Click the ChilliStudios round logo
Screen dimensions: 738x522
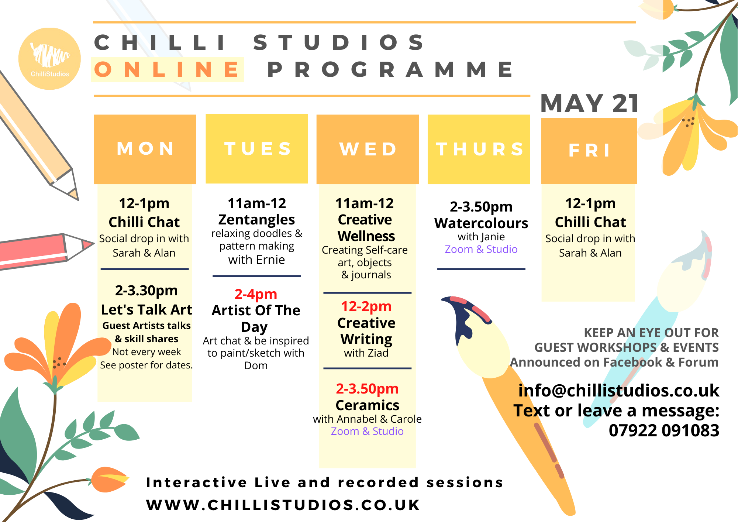pos(49,59)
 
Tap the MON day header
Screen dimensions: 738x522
pos(145,149)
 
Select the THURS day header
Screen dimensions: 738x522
pos(479,149)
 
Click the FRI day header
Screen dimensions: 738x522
pos(589,151)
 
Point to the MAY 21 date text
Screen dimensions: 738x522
pos(590,104)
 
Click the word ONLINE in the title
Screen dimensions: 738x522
pos(167,69)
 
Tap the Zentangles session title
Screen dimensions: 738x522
pos(256,220)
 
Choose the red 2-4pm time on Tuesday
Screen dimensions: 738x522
pos(256,294)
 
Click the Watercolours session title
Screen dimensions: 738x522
pos(481,223)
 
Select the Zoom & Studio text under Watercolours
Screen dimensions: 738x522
pos(481,249)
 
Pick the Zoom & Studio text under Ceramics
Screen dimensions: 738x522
pos(367,431)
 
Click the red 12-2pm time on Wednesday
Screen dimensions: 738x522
pos(366,306)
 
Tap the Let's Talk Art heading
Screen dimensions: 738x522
pos(146,309)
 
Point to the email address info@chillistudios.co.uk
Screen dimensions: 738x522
pos(618,391)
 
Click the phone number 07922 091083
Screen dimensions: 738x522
pos(664,430)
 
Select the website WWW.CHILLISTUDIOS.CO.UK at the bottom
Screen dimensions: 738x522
pos(283,505)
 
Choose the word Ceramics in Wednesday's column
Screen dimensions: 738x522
pos(367,405)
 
